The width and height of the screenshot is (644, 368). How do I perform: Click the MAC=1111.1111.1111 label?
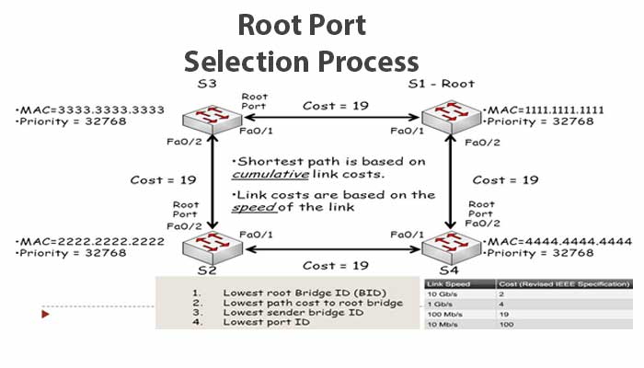point(544,110)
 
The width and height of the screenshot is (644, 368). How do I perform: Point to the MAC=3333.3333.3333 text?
point(88,110)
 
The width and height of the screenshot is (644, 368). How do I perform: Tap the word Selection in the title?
point(244,62)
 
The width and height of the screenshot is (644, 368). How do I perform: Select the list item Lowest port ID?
point(266,321)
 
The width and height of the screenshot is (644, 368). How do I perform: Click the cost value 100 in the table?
point(506,325)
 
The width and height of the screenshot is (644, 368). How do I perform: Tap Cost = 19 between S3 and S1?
point(335,106)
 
